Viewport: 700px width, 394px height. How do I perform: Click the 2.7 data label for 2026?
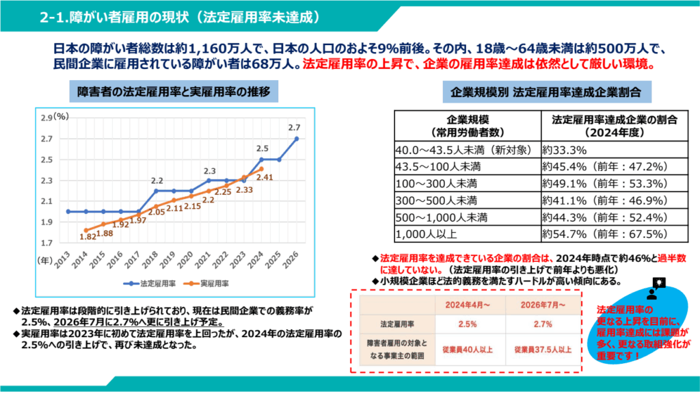(x=295, y=127)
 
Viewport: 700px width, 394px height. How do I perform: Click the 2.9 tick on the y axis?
(x=46, y=118)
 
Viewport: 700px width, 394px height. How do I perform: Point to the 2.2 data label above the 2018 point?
(x=157, y=181)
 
